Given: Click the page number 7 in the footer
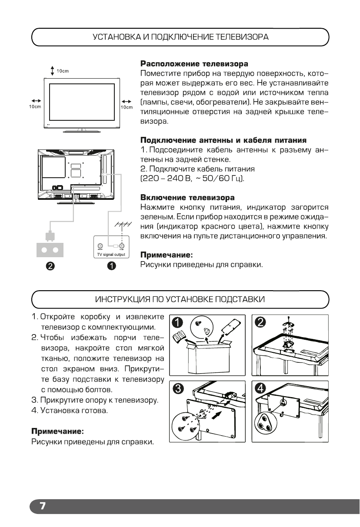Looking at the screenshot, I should tap(43, 506).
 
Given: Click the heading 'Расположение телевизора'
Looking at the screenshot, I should tap(194, 64).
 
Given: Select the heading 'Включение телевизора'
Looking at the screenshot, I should tap(187, 198).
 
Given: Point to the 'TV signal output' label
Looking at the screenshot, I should tap(110, 255).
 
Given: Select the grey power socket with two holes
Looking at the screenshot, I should tap(50, 250).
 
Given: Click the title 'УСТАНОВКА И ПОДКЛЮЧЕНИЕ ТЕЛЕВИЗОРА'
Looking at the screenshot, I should tap(180, 37).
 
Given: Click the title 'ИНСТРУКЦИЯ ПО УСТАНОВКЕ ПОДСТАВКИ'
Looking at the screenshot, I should tap(180, 300).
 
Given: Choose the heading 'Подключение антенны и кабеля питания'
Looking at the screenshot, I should tap(224, 140).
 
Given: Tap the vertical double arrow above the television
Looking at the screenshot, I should tap(52, 71).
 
